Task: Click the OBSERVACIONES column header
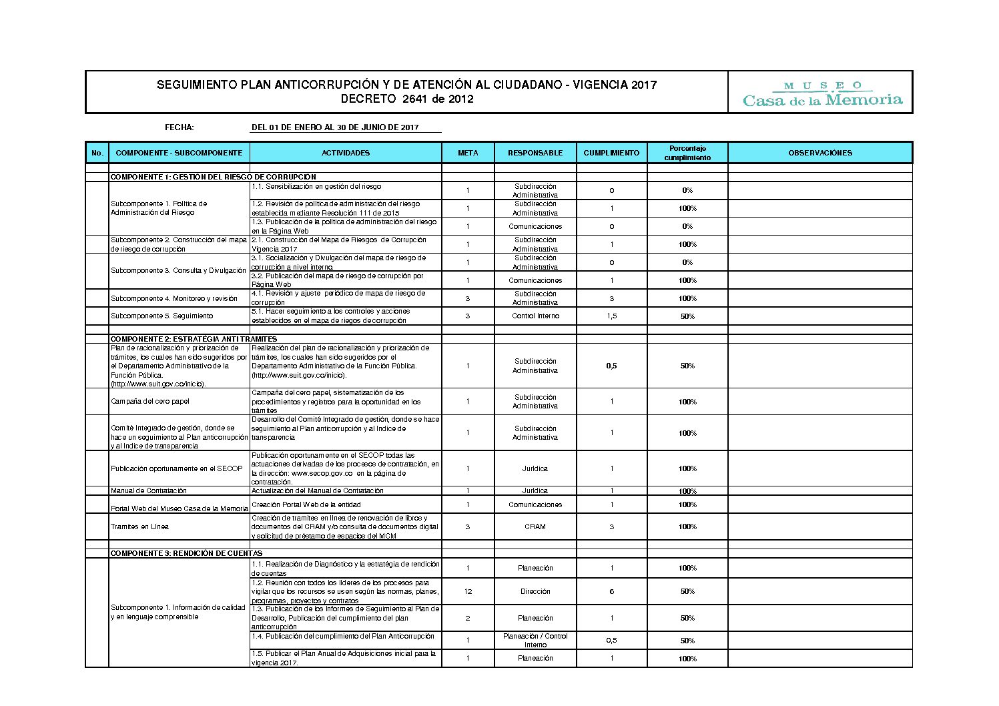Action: (x=819, y=153)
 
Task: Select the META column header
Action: (x=468, y=153)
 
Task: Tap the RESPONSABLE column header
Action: (x=535, y=153)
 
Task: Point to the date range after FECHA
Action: (x=335, y=127)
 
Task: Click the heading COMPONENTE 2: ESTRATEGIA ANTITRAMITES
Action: (x=194, y=339)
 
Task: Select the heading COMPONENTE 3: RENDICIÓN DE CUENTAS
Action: (x=186, y=553)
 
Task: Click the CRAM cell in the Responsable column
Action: (x=535, y=526)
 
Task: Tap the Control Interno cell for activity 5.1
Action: (x=535, y=316)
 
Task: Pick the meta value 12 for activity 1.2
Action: (x=468, y=591)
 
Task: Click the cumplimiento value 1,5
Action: (x=611, y=316)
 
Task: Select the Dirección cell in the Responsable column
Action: (x=535, y=591)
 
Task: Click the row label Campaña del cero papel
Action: (x=150, y=401)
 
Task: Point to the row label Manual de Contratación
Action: (x=149, y=490)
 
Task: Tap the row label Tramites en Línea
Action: (x=140, y=526)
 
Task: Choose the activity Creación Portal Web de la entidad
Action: (x=306, y=504)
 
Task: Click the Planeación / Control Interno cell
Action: (x=535, y=640)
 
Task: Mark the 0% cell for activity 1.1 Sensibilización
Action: (x=687, y=190)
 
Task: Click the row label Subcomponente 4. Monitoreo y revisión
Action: (x=174, y=298)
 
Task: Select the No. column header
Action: (x=97, y=153)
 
